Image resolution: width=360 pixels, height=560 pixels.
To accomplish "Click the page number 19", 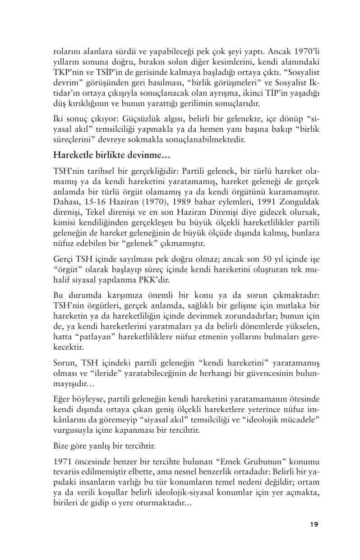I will pyautogui.click(x=314, y=524).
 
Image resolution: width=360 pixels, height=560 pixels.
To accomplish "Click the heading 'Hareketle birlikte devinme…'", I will pyautogui.click(x=106, y=155).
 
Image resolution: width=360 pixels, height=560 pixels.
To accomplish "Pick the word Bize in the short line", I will pyautogui.click(x=61, y=446).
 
